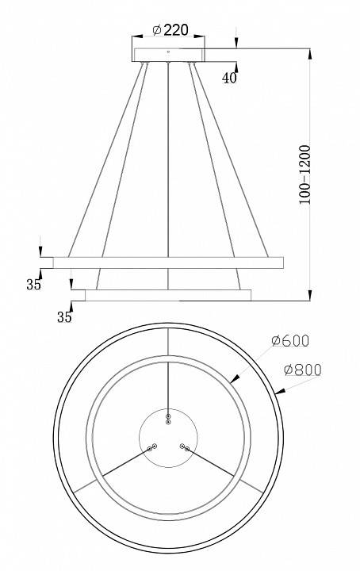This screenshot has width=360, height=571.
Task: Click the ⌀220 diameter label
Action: click(x=169, y=30)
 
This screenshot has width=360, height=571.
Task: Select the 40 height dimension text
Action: click(x=229, y=78)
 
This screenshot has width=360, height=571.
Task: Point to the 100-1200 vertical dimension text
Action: click(x=304, y=174)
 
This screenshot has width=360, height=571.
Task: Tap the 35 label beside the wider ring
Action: click(x=33, y=285)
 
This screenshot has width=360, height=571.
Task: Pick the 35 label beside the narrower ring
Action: click(x=65, y=316)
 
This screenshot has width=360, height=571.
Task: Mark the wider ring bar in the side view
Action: click(x=168, y=262)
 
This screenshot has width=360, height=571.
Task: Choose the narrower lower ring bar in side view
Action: click(x=168, y=295)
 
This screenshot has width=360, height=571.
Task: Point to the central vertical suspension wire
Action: click(x=168, y=159)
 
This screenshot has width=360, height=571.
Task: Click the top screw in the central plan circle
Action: click(x=168, y=417)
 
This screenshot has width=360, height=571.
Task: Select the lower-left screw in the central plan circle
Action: click(x=149, y=448)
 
